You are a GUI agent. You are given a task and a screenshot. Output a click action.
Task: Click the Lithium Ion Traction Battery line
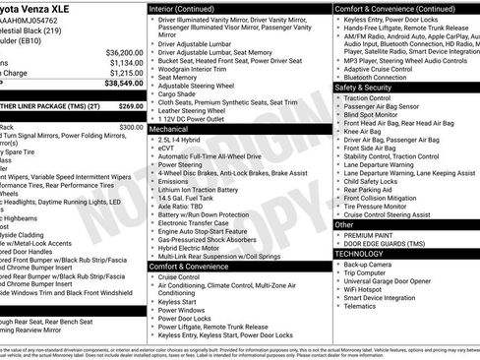point(204,190)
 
